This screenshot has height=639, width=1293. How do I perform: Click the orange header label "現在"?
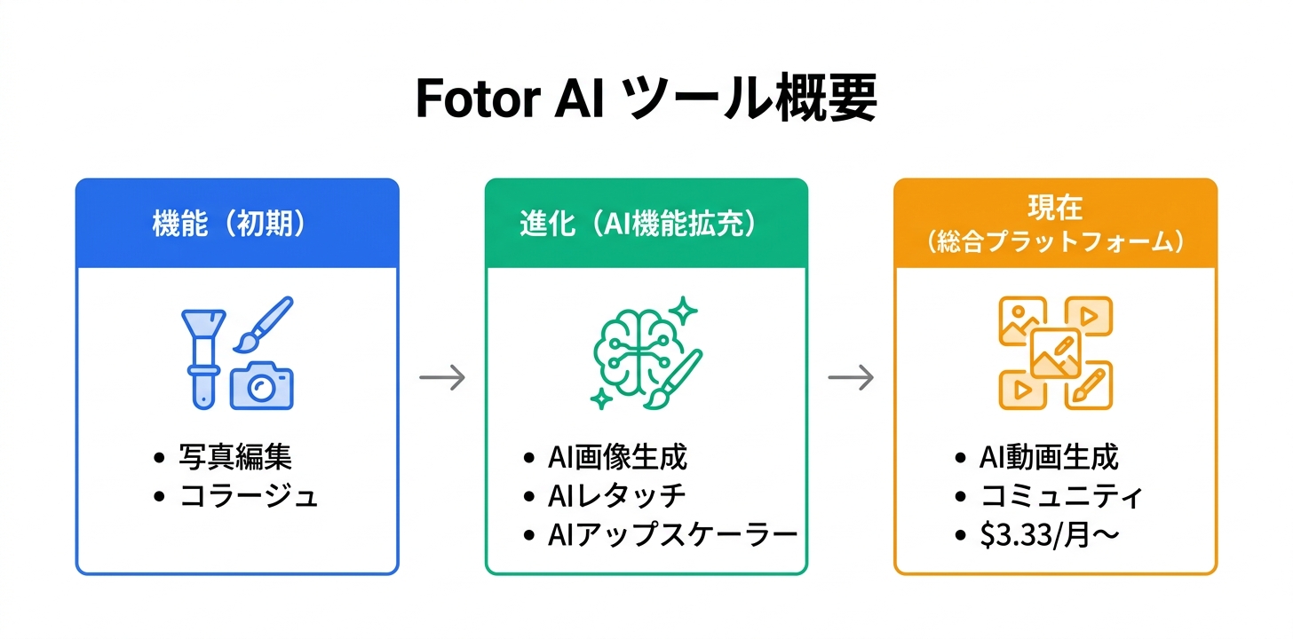click(x=1055, y=210)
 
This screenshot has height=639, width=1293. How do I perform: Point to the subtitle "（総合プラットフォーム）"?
click(x=1055, y=242)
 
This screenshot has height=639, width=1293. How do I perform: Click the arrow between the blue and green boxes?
click(x=442, y=378)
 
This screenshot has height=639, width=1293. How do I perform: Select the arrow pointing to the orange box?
click(x=851, y=378)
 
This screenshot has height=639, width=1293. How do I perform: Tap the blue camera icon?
click(x=261, y=386)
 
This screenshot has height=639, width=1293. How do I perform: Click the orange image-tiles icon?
click(x=1055, y=352)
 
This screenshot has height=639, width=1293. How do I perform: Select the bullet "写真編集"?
click(x=235, y=458)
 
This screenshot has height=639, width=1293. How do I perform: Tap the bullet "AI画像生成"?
click(x=617, y=458)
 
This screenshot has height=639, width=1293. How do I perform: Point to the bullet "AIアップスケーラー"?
click(x=672, y=535)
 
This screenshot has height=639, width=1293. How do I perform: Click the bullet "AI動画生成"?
click(x=1049, y=458)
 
